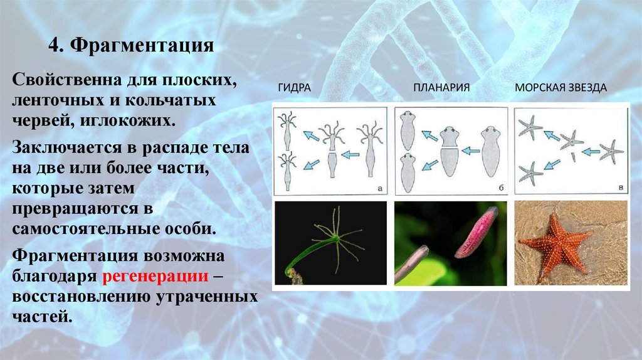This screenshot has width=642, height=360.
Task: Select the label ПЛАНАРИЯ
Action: pos(441,88)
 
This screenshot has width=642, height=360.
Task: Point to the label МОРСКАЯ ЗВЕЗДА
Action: pos(560,88)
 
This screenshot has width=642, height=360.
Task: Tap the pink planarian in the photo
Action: pos(476,233)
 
